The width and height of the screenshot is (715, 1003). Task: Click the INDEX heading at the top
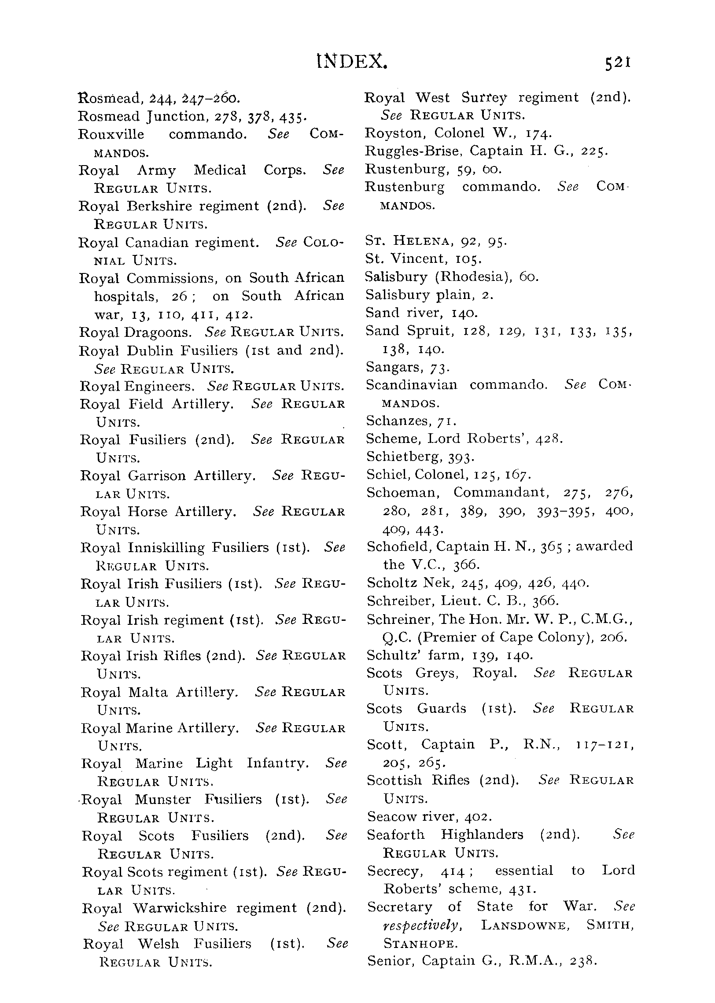(352, 63)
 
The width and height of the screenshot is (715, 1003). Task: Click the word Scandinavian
(412, 385)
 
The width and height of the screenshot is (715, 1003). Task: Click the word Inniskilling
(166, 548)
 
